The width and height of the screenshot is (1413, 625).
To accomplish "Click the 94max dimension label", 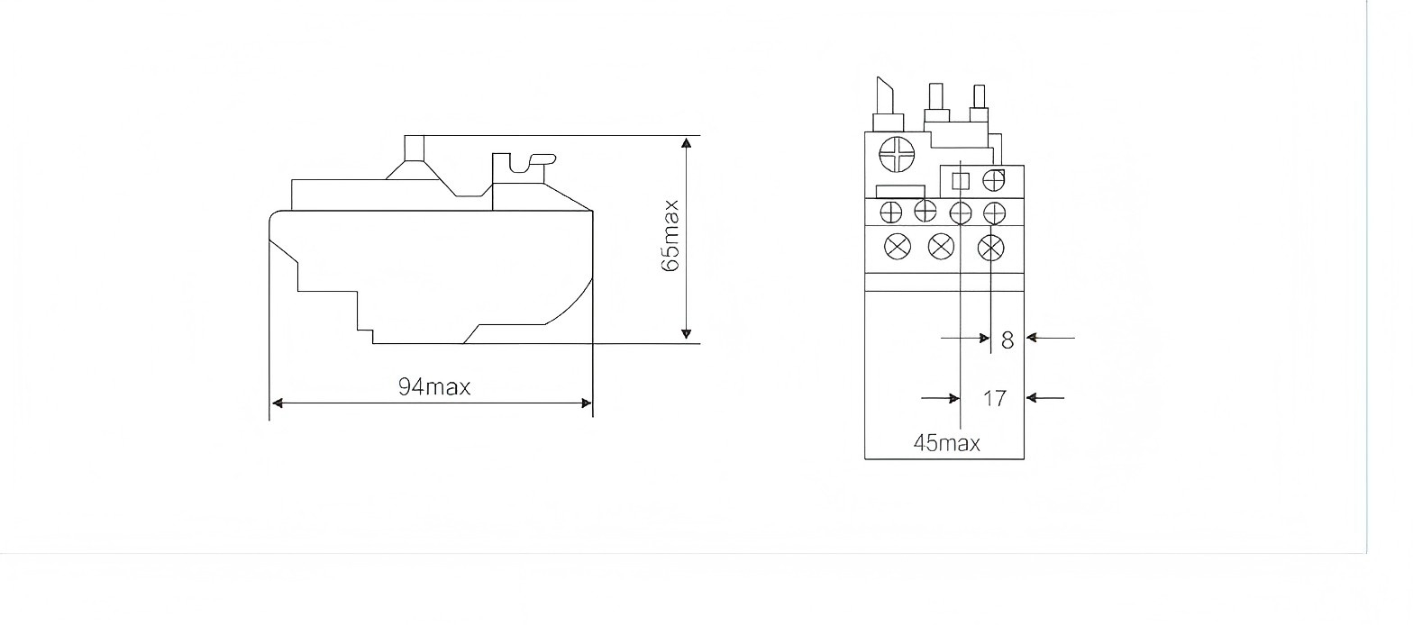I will coord(434,387).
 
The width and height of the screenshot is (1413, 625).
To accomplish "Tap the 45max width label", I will coord(946,443).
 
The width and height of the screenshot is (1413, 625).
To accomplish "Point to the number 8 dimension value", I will coord(1007,340).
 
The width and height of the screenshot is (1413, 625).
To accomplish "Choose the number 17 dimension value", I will coord(994,398).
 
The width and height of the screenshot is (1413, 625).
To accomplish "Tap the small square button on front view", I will coord(960,181).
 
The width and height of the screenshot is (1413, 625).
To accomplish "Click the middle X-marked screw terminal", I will coord(941,246).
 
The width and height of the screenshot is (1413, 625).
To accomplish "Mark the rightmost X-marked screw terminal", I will coord(991,246).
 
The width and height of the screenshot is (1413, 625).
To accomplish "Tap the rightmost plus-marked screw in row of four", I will coord(994,212).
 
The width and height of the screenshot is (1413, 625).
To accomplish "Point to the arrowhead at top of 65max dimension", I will coord(687,142).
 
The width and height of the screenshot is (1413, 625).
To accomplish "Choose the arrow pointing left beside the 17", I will coord(1035,397).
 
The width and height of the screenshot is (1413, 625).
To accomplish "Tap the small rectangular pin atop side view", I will coord(415,147).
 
